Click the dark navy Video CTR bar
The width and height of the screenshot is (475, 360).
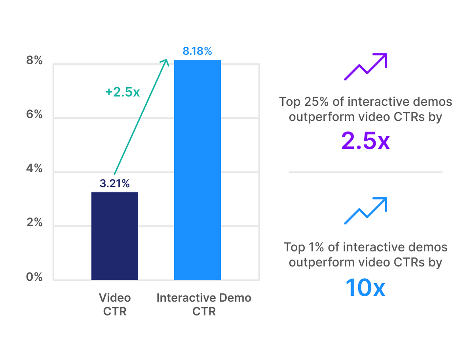[115, 236]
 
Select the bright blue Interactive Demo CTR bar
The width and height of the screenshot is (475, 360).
[198, 170]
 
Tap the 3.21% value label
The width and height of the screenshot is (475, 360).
[115, 184]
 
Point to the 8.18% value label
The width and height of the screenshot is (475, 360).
[198, 51]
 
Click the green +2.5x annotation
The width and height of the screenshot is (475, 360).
[122, 92]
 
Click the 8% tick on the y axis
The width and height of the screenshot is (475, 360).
[34, 61]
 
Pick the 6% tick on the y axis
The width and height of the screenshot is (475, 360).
[34, 115]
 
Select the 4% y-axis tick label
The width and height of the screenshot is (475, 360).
[34, 169]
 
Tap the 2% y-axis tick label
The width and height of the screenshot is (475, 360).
[34, 223]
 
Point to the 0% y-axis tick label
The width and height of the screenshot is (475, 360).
[34, 277]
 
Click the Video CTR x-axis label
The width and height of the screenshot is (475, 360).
[115, 304]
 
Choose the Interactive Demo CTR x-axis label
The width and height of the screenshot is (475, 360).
[204, 304]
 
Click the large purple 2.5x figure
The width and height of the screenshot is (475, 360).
[365, 142]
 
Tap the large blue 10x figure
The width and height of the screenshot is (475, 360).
[365, 287]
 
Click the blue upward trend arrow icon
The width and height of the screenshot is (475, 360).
[365, 211]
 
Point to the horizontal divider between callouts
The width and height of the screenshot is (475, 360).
[365, 172]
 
